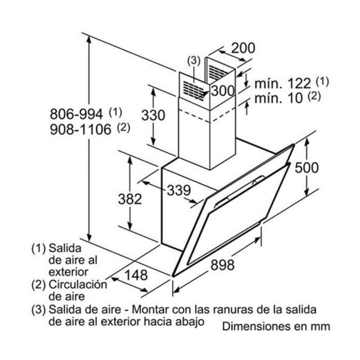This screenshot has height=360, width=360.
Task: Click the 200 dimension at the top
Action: click(x=243, y=48)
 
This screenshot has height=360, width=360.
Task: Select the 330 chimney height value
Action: click(x=153, y=115)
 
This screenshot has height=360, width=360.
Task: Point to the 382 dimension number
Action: click(x=130, y=199)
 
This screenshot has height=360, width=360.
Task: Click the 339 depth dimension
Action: click(x=179, y=190)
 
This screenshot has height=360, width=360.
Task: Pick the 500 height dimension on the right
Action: click(x=306, y=167)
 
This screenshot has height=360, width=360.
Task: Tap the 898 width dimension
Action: click(x=222, y=265)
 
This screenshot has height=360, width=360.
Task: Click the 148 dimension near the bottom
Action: click(x=136, y=275)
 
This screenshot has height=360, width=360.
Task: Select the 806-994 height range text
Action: click(x=76, y=114)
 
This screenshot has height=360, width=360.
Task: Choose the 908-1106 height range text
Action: click(x=81, y=130)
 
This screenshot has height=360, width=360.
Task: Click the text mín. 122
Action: click(x=283, y=83)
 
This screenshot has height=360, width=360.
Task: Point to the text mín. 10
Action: click(x=279, y=98)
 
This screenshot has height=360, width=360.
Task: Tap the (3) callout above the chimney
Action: click(x=194, y=61)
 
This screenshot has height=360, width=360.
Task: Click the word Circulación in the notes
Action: click(x=78, y=285)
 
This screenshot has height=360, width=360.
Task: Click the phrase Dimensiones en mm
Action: click(x=276, y=326)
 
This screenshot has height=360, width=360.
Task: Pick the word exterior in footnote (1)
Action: click(x=68, y=272)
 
